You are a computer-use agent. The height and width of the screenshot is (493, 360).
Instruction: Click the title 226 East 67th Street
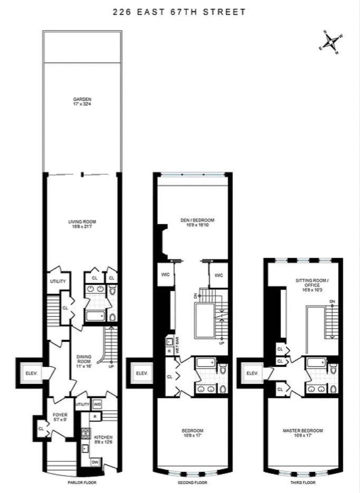tap(179, 12)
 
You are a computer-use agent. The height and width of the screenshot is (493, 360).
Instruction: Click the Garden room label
tap(82, 102)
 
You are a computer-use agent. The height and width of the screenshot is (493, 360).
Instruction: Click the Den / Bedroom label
tap(192, 223)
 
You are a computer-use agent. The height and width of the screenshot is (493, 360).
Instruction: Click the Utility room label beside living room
tap(58, 281)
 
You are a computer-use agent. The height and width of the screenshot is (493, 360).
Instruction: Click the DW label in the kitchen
tap(95, 462)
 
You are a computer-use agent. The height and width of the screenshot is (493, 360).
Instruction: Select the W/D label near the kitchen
tap(97, 404)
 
